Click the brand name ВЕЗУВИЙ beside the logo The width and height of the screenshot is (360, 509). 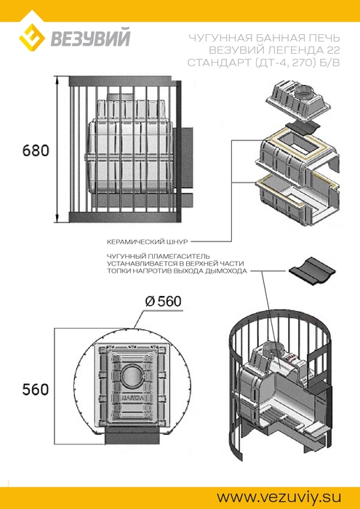[x=89, y=38]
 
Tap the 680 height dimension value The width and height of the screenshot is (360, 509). [x=36, y=151]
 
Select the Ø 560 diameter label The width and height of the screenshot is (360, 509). [x=163, y=302]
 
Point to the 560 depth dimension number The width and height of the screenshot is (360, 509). [x=36, y=389]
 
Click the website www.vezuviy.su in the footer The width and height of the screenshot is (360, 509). [x=275, y=497]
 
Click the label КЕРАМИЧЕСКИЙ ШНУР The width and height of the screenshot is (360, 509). [x=147, y=242]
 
